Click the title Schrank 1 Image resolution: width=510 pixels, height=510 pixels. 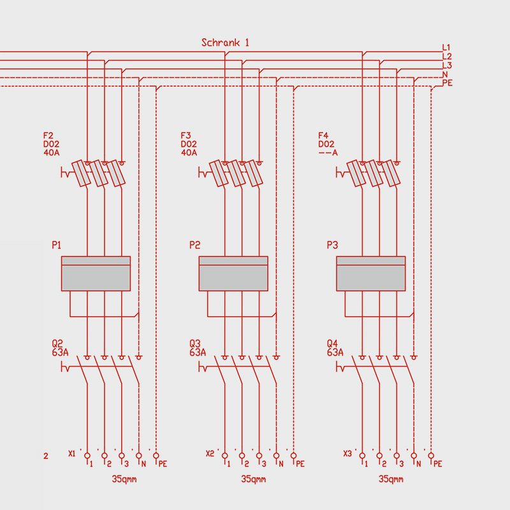[x=225, y=43]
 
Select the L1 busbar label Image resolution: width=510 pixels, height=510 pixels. [x=446, y=47]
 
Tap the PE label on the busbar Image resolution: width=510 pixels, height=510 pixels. [x=447, y=83]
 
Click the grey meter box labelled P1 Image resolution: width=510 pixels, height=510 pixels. [x=96, y=273]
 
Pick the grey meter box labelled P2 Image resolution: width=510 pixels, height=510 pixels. [x=233, y=273]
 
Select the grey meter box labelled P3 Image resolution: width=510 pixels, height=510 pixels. [x=371, y=273]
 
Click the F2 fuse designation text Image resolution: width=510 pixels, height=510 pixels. [x=48, y=136]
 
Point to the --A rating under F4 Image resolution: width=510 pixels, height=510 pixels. [x=328, y=153]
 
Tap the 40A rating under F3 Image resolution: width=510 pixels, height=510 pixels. [x=189, y=153]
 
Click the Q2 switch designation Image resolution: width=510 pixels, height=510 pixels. [x=57, y=343]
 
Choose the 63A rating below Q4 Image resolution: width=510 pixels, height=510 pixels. [x=335, y=352]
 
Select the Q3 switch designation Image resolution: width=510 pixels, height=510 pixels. [x=195, y=343]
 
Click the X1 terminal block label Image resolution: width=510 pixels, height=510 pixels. [x=71, y=454]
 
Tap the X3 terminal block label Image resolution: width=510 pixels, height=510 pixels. [x=347, y=454]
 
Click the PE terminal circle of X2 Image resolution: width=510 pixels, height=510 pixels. [x=293, y=455]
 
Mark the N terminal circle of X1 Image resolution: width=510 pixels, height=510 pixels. [x=139, y=455]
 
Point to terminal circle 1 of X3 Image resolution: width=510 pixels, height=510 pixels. [x=363, y=455]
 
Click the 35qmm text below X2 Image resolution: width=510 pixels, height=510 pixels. [x=254, y=479]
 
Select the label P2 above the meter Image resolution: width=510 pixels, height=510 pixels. [x=195, y=245]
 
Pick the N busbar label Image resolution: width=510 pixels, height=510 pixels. [x=444, y=74]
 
